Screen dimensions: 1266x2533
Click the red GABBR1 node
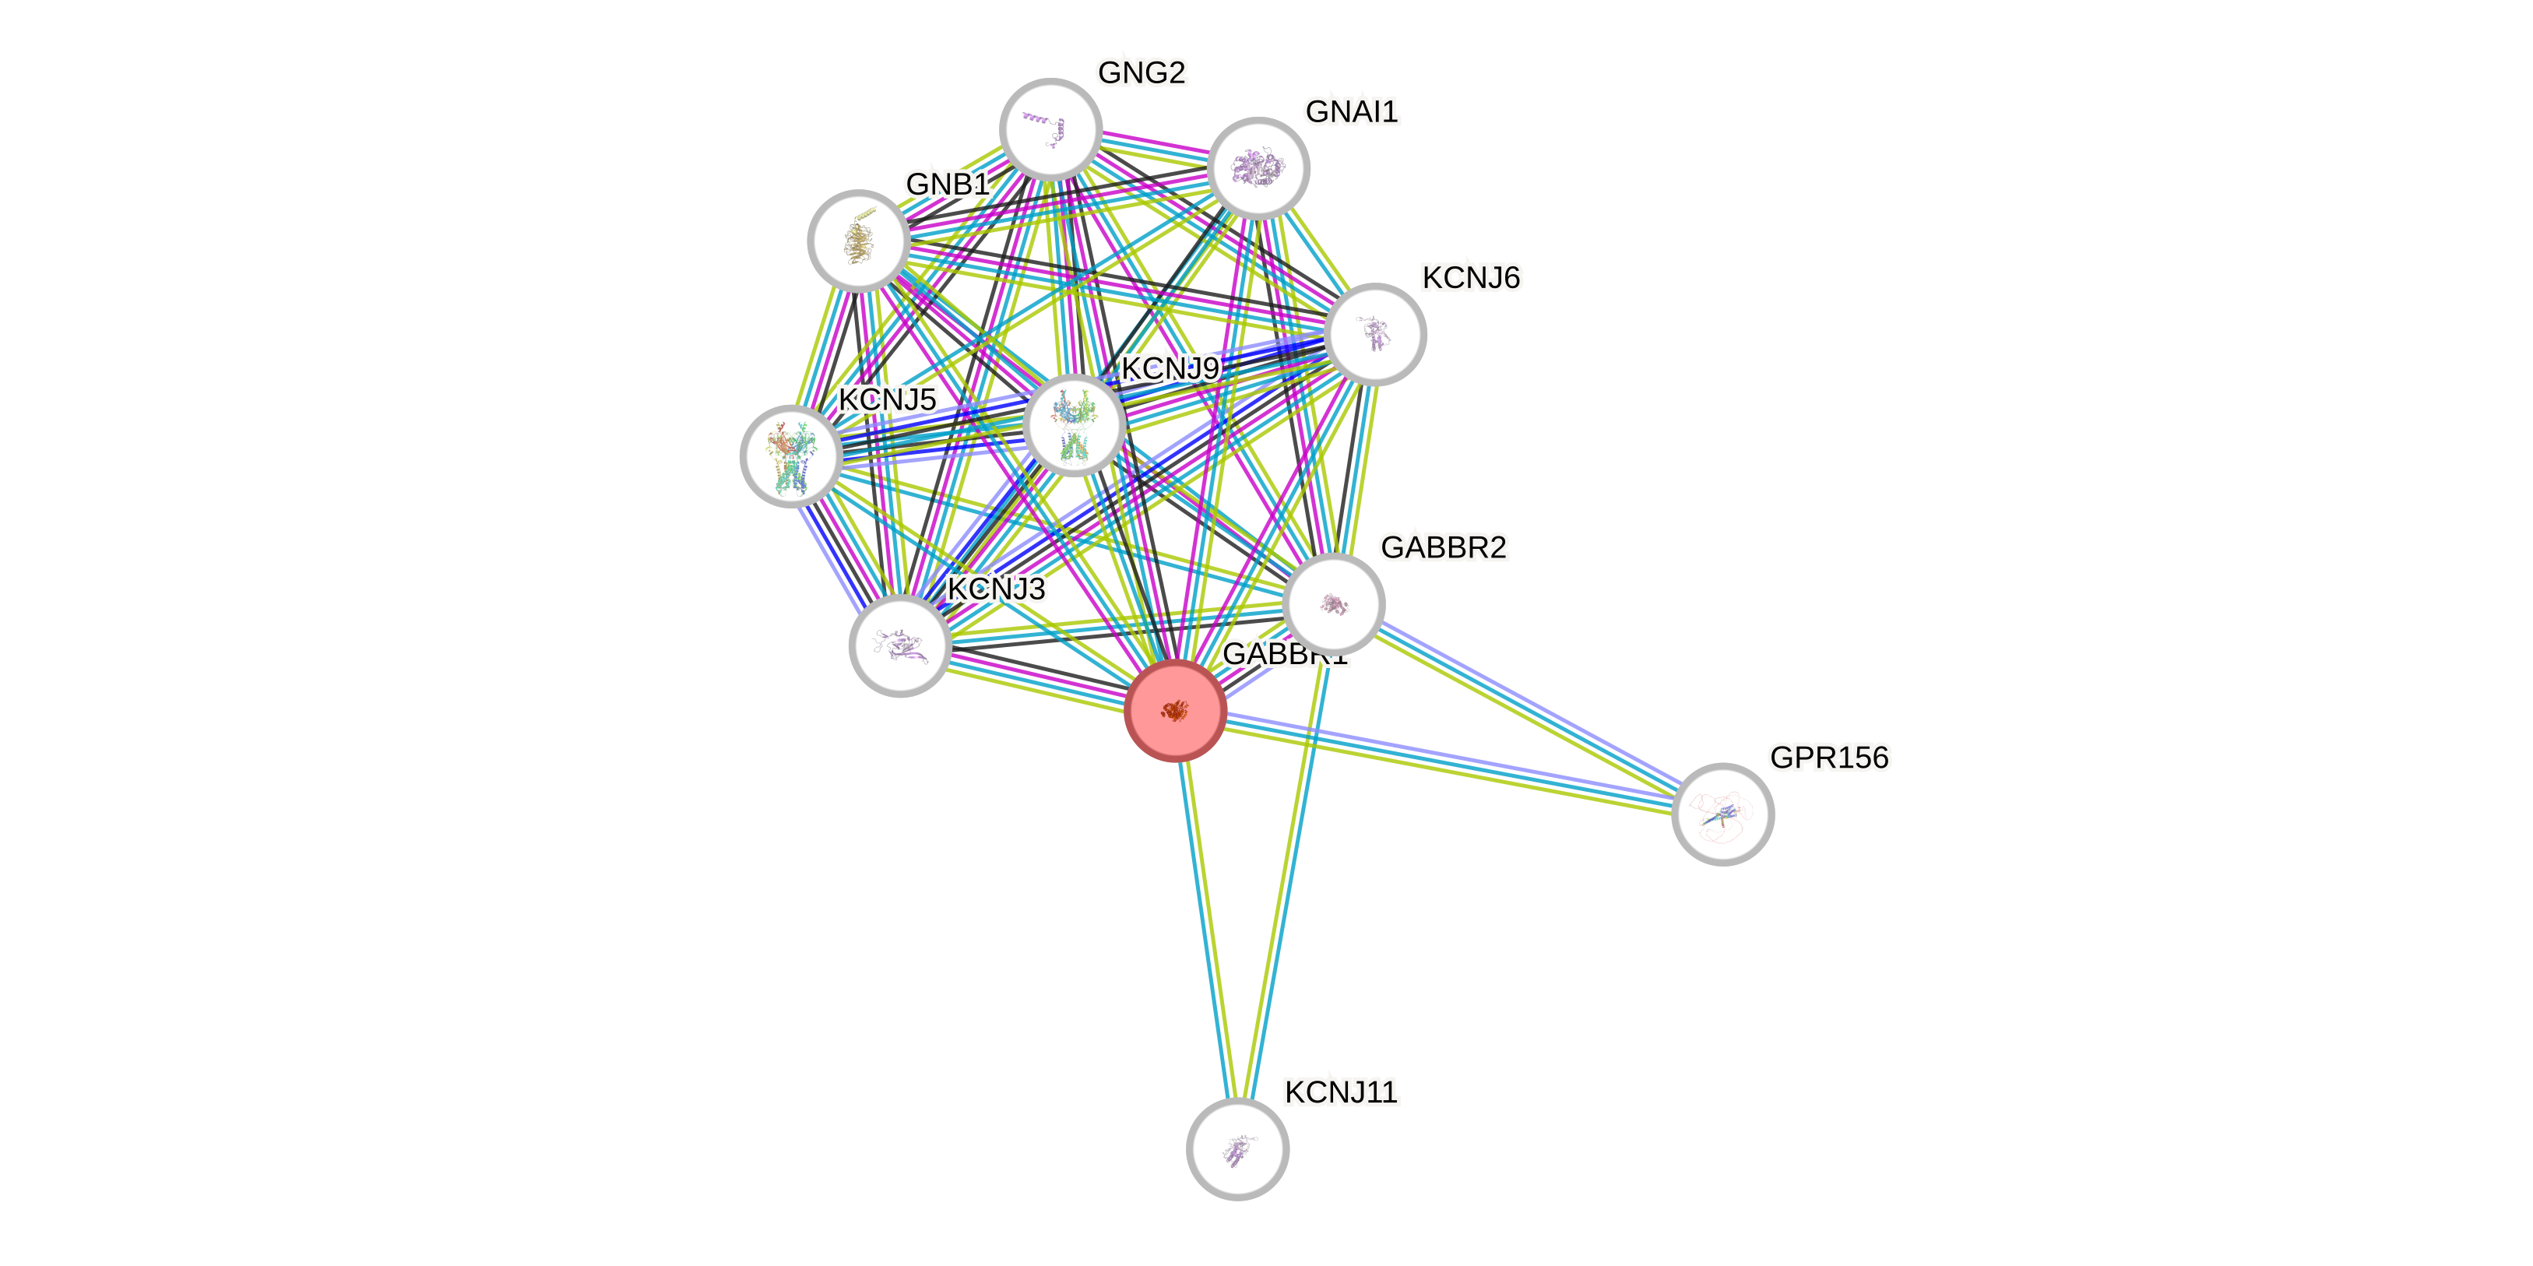[x=1175, y=709]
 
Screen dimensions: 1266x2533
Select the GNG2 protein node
[x=1050, y=128]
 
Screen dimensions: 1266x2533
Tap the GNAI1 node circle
[x=1258, y=168]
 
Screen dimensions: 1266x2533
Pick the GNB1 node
[x=858, y=241]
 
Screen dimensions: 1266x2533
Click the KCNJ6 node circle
[x=1374, y=334]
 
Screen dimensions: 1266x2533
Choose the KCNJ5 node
[x=790, y=456]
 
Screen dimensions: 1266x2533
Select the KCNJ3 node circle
[x=899, y=645]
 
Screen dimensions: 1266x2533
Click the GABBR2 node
[x=1333, y=603]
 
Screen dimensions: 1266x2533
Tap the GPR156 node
[x=1722, y=814]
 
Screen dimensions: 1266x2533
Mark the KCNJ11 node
[x=1237, y=1149]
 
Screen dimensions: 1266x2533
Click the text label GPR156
[x=1829, y=758]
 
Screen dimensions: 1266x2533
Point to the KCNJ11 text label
[x=1341, y=1092]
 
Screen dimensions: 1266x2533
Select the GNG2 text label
[x=1142, y=72]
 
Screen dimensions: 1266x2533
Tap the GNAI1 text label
[x=1351, y=112]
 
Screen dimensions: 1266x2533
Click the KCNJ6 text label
[x=1471, y=278]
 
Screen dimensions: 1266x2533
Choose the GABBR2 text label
[x=1443, y=547]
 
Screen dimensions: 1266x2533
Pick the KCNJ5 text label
[x=888, y=400]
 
